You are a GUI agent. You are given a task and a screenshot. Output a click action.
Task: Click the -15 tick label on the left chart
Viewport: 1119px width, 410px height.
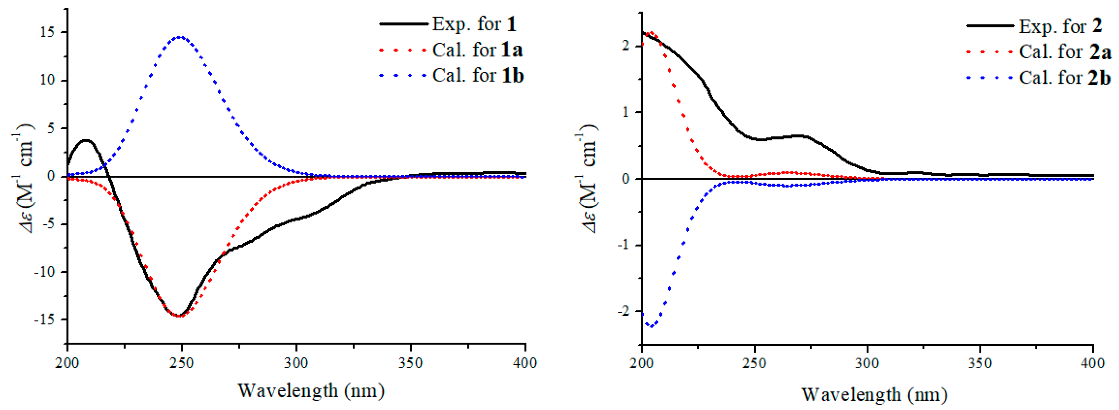pos(45,320)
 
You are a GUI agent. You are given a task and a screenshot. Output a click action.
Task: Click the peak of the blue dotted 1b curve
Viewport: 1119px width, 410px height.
pos(180,37)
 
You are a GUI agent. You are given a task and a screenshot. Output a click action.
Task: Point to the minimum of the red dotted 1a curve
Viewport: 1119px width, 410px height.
pos(179,316)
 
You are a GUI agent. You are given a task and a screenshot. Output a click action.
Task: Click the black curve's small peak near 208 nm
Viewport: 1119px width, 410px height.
pos(86,140)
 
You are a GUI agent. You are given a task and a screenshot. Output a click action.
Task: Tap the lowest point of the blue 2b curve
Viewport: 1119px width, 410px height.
pos(651,325)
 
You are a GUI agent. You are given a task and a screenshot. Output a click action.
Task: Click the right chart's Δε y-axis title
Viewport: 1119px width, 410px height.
pos(589,178)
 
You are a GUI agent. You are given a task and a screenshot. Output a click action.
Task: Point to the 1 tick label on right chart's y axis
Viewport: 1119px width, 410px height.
pos(625,113)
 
